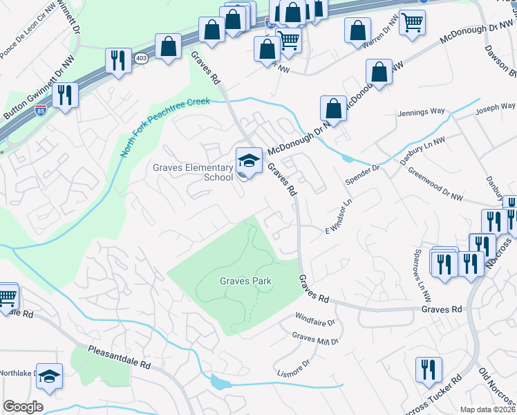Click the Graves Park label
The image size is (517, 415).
click(x=245, y=281)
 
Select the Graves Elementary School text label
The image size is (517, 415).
click(x=194, y=172)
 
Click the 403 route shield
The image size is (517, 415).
click(x=142, y=58)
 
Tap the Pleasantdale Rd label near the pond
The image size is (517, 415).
click(x=119, y=357)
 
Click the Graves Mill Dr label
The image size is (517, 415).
click(x=314, y=338)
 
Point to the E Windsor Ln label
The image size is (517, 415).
click(x=339, y=216)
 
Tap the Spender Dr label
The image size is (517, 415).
click(x=366, y=168)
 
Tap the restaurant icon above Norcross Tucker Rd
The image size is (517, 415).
click(x=429, y=370)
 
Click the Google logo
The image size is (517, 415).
click(x=23, y=407)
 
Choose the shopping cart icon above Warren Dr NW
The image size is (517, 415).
click(x=412, y=23)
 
